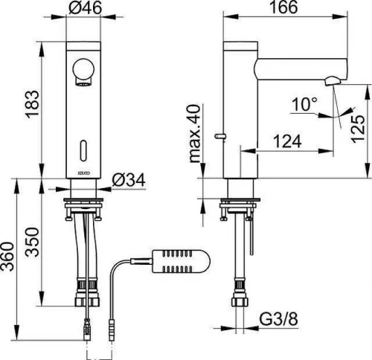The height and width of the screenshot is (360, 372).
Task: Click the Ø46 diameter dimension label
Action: click(x=85, y=7)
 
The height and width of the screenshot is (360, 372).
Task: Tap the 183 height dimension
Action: click(x=32, y=103)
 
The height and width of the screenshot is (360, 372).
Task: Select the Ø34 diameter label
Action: click(x=128, y=180)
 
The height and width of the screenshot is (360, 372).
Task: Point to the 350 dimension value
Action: click(x=33, y=242)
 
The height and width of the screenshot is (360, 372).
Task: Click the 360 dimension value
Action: click(x=7, y=257)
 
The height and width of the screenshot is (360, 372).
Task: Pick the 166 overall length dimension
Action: click(x=283, y=7)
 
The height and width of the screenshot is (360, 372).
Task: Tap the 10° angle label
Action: click(x=304, y=104)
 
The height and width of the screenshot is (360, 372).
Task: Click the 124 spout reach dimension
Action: click(x=287, y=141)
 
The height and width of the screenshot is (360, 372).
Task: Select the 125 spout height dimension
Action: click(x=358, y=129)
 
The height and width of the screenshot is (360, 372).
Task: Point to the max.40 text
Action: click(x=195, y=134)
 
